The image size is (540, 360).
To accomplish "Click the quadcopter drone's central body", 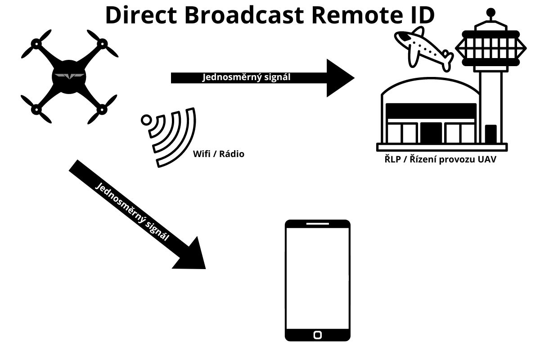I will point(69,77).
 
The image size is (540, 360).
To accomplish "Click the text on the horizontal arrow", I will point(246,77).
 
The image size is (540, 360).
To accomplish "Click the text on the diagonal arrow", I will point(133,211).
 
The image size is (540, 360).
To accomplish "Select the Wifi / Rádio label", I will point(218,154).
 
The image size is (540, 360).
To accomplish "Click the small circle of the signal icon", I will point(146,120).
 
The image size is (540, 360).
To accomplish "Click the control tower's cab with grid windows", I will point(491,47).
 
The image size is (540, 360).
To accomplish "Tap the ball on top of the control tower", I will point(491,12).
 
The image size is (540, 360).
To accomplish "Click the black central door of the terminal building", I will point(431,132).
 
